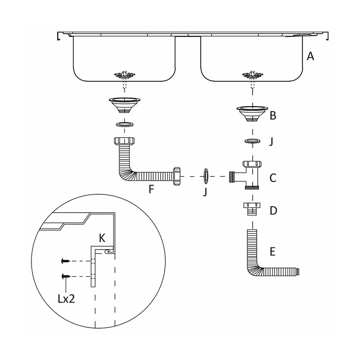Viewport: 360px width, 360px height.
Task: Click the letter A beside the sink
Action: (x=310, y=56)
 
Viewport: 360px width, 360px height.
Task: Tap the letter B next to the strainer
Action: (x=273, y=115)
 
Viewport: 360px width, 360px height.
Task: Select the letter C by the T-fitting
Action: (x=273, y=178)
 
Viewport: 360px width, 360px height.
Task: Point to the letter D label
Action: (x=273, y=211)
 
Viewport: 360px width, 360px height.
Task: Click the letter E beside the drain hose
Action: (x=272, y=251)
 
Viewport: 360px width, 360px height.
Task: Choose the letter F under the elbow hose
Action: (x=152, y=189)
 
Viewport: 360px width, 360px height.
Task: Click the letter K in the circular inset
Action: (x=102, y=238)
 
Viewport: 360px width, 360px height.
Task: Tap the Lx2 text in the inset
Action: (x=66, y=299)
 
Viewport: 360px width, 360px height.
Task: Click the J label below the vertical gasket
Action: (x=205, y=192)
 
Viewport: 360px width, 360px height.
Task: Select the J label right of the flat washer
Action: (x=271, y=141)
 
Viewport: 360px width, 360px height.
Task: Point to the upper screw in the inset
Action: (x=65, y=261)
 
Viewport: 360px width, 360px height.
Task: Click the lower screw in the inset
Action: (x=65, y=276)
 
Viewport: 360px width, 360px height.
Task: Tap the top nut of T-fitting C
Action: (x=252, y=164)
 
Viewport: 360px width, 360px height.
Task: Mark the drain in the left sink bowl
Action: (x=124, y=75)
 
